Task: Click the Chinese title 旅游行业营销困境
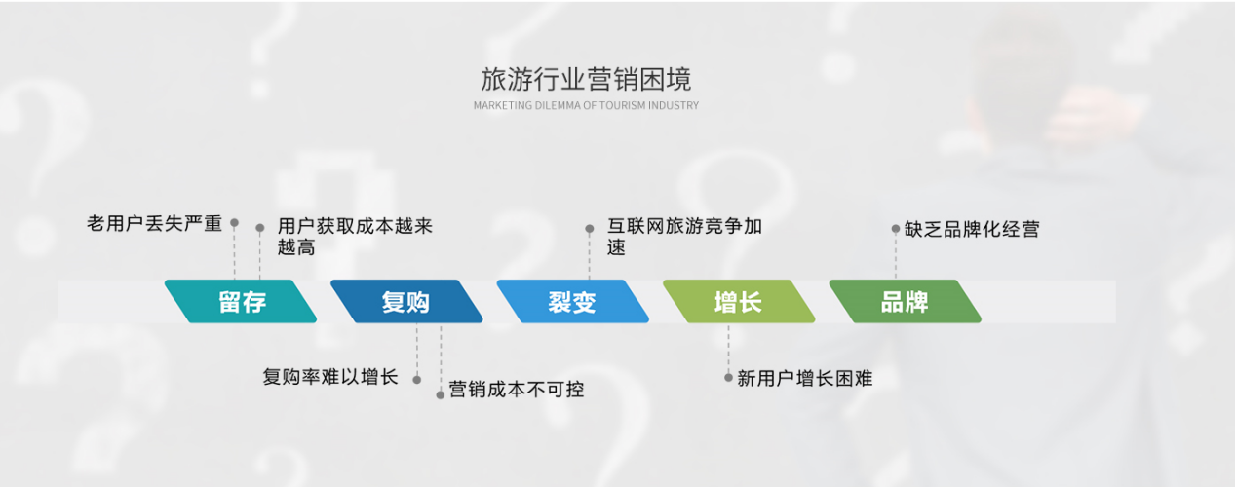[x=586, y=79]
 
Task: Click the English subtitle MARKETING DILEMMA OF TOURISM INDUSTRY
[x=586, y=105]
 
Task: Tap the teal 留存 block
[x=241, y=301]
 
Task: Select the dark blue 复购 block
[x=406, y=301]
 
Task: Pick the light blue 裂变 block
[x=573, y=301]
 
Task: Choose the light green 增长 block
[x=739, y=301]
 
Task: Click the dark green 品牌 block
[x=906, y=301]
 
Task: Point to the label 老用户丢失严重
[x=154, y=224]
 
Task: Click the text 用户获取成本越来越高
[x=355, y=237]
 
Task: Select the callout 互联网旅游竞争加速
[x=684, y=237]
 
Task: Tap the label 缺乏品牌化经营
[x=972, y=229]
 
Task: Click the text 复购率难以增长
[x=330, y=377]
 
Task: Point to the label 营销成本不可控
[x=517, y=390]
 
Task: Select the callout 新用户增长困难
[x=805, y=379]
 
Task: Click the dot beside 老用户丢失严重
[x=234, y=223]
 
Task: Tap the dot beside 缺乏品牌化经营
[x=896, y=229]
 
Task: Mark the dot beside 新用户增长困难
[x=728, y=378]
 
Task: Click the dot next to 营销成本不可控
[x=441, y=395]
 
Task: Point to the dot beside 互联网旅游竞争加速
[x=590, y=229]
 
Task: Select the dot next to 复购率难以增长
[x=417, y=380]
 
